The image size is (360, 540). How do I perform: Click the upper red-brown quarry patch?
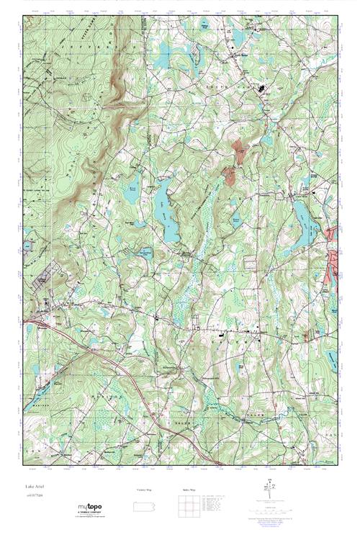(238, 150)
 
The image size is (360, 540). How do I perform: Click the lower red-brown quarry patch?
(230, 174)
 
